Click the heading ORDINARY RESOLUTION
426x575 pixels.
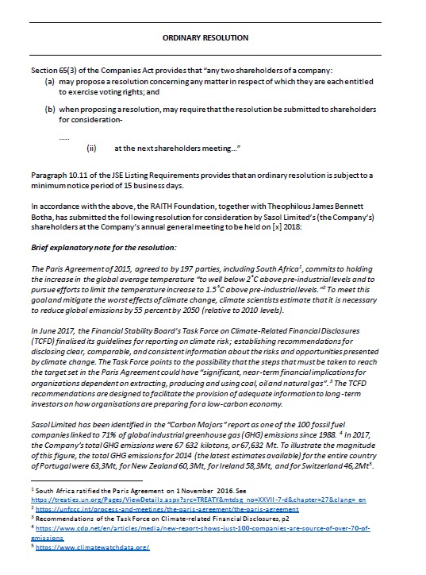point(213,37)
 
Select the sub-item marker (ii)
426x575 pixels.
point(92,148)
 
